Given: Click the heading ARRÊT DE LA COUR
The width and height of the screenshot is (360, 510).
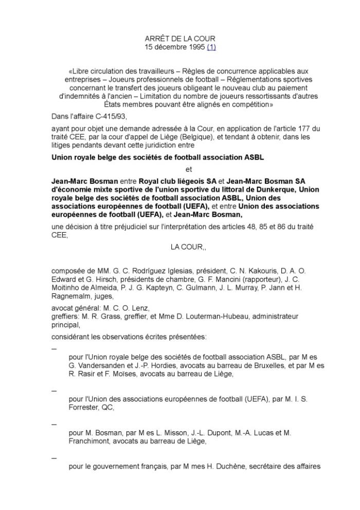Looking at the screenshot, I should pos(180,39).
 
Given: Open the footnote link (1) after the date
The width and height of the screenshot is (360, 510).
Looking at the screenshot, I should pos(211,47).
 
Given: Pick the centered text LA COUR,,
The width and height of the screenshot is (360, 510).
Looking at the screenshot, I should pos(188,247).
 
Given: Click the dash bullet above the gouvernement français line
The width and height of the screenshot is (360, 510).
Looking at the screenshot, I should pos(54,458).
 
